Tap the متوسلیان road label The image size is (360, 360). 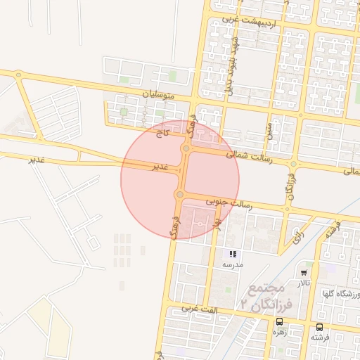[x=157, y=94]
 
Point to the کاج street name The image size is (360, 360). [x=164, y=130]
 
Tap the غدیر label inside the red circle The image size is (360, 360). [x=161, y=167]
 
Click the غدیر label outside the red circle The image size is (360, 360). [x=37, y=160]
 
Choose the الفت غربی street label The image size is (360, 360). [x=200, y=309]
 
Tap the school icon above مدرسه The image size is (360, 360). [x=233, y=254]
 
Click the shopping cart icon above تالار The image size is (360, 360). [x=304, y=272]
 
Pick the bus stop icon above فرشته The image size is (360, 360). [x=320, y=327]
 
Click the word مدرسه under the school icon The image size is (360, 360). [x=233, y=265]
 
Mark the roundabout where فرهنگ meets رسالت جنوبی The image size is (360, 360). [x=180, y=194]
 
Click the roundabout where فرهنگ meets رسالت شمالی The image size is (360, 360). [x=186, y=148]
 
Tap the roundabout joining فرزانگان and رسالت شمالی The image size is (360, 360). [x=293, y=164]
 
